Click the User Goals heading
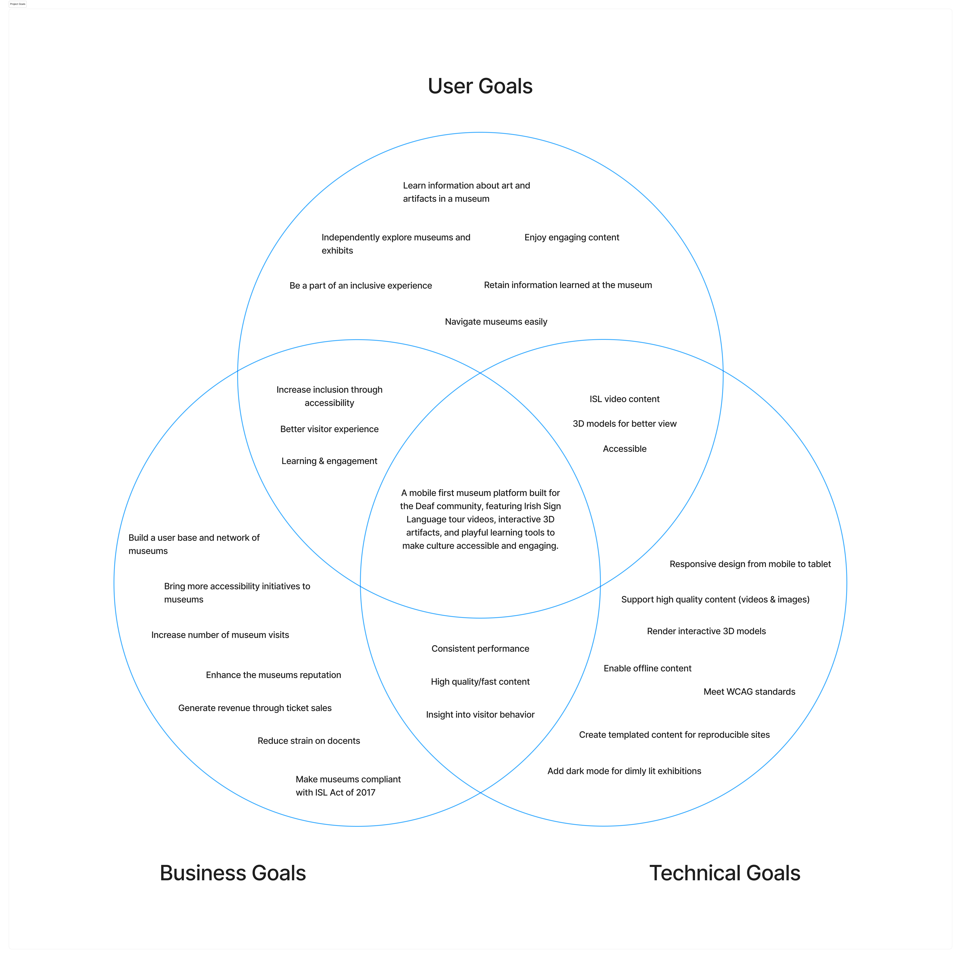pyautogui.click(x=480, y=86)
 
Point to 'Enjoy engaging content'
pyautogui.click(x=572, y=237)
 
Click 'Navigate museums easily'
pyautogui.click(x=496, y=321)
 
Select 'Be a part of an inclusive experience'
pyautogui.click(x=361, y=286)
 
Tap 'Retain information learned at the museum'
pyautogui.click(x=568, y=285)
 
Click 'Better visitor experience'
pyautogui.click(x=329, y=429)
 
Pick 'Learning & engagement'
pyautogui.click(x=329, y=461)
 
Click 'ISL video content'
pyautogui.click(x=624, y=399)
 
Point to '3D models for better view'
pyautogui.click(x=624, y=424)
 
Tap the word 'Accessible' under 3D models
pyautogui.click(x=624, y=449)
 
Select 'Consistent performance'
pyautogui.click(x=480, y=648)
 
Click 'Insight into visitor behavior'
pyautogui.click(x=480, y=715)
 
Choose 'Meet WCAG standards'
pyautogui.click(x=749, y=692)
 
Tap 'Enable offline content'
pyautogui.click(x=647, y=668)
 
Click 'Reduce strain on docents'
pyautogui.click(x=308, y=741)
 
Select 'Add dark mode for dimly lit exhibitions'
pyautogui.click(x=624, y=771)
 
